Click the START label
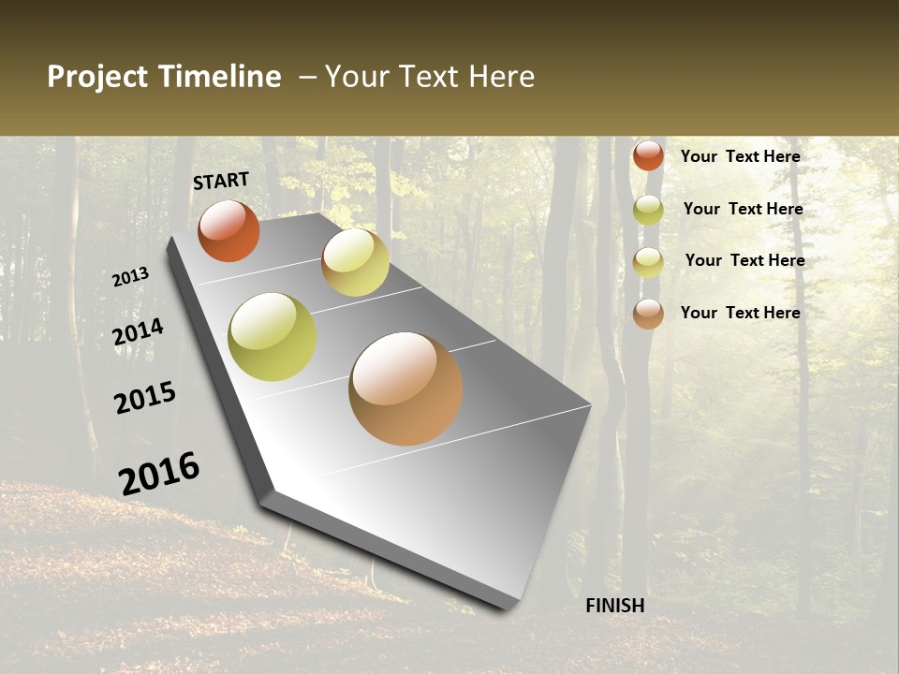(221, 181)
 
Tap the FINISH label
(615, 606)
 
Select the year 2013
(131, 277)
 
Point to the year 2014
(139, 332)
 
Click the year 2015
(145, 398)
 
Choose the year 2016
(159, 474)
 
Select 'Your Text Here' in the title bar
(430, 77)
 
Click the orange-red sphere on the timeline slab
(228, 230)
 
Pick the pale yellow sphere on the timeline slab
(355, 261)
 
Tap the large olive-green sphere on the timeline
(273, 337)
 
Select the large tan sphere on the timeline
(405, 388)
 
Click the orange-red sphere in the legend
(648, 155)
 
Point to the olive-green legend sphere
(648, 210)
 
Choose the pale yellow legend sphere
(648, 262)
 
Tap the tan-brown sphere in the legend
(648, 314)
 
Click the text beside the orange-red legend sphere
(740, 156)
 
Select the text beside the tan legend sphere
(740, 313)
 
